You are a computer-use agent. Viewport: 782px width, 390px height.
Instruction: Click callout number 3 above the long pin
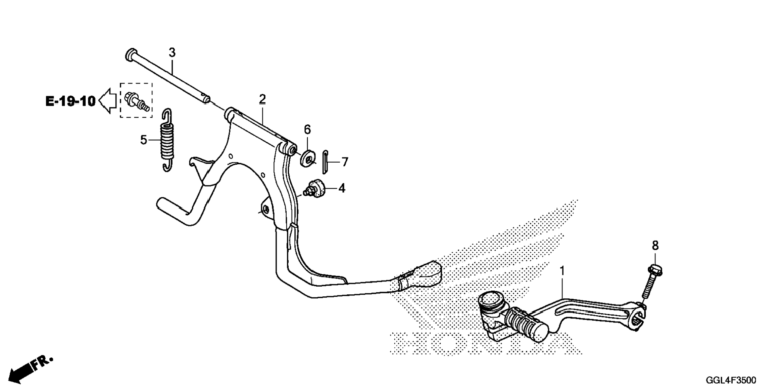pyautogui.click(x=172, y=52)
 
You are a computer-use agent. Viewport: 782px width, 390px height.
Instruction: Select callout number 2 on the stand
pyautogui.click(x=262, y=99)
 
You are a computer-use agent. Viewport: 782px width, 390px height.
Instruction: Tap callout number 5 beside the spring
pyautogui.click(x=144, y=140)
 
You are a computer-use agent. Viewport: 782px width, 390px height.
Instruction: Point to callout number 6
pyautogui.click(x=307, y=130)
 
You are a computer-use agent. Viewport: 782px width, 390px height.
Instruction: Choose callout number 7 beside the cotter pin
pyautogui.click(x=345, y=162)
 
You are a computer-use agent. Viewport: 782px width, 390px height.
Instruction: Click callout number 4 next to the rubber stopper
pyautogui.click(x=342, y=188)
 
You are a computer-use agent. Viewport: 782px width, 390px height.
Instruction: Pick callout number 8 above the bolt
pyautogui.click(x=655, y=245)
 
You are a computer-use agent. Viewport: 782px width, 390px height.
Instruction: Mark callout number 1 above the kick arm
pyautogui.click(x=562, y=271)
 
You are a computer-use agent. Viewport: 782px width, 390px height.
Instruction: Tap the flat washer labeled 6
pyautogui.click(x=308, y=158)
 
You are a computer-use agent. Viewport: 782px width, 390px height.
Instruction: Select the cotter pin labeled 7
pyautogui.click(x=325, y=161)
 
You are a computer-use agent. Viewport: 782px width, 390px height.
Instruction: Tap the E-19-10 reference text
pyautogui.click(x=70, y=101)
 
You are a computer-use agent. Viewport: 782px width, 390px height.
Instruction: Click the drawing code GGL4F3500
pyautogui.click(x=731, y=380)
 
